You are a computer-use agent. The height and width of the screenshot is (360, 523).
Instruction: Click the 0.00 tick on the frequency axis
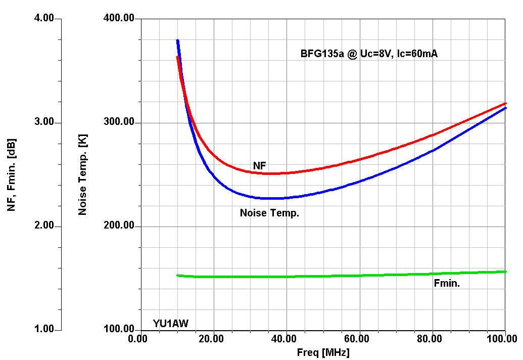click(138, 338)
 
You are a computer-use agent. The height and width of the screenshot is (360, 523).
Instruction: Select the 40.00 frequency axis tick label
click(286, 338)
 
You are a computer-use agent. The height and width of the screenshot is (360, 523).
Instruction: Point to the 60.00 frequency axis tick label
click(359, 338)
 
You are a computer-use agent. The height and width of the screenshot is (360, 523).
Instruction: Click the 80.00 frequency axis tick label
click(432, 338)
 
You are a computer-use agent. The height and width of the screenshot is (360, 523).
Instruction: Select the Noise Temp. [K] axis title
click(83, 174)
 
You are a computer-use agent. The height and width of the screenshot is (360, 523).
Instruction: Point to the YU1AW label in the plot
click(171, 324)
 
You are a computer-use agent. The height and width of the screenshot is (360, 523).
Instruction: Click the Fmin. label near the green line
click(447, 284)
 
